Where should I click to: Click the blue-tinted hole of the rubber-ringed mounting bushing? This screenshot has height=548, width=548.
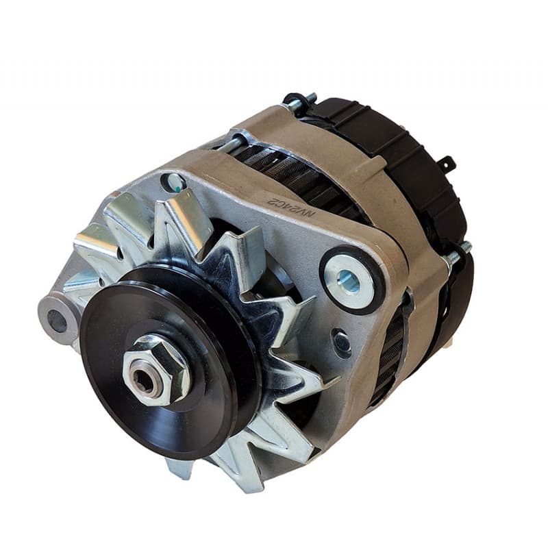349,279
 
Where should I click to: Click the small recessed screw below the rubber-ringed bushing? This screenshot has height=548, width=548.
340,340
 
